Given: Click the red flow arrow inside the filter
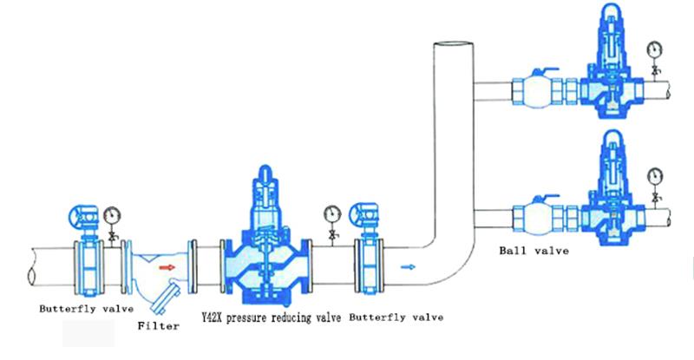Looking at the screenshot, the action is pyautogui.click(x=167, y=267).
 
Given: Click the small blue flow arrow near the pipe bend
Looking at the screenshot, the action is pyautogui.click(x=408, y=267).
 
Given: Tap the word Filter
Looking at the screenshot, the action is pyautogui.click(x=158, y=326).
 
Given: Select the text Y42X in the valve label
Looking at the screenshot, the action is pyautogui.click(x=212, y=317).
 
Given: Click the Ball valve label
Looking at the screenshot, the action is pyautogui.click(x=534, y=251).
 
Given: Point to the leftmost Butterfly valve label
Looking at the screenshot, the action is pyautogui.click(x=86, y=309).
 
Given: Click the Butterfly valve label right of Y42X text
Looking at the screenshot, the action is pyautogui.click(x=396, y=317).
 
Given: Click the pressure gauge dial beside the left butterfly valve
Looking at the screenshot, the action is pyautogui.click(x=112, y=216).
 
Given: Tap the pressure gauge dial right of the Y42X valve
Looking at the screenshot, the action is pyautogui.click(x=332, y=214).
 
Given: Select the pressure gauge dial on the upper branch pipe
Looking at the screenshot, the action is pyautogui.click(x=654, y=49).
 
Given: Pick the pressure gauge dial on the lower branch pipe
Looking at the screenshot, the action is pyautogui.click(x=654, y=176).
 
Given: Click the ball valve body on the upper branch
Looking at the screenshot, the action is pyautogui.click(x=531, y=93).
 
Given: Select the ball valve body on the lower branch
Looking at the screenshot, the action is pyautogui.click(x=531, y=219).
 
